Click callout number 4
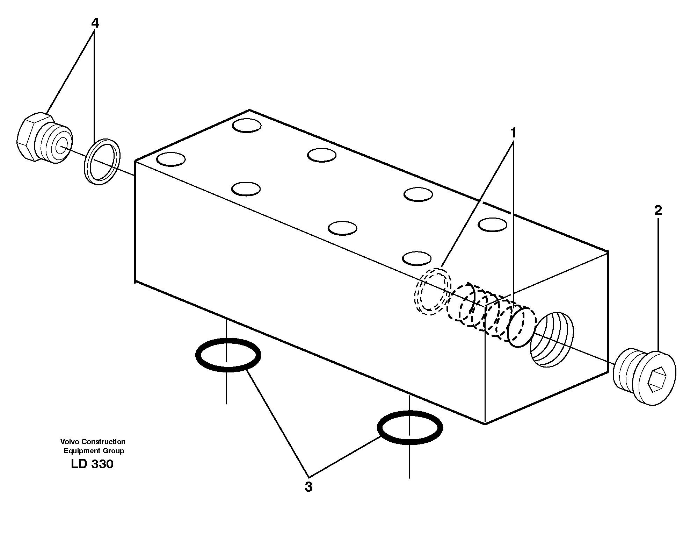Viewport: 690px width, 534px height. pos(95,23)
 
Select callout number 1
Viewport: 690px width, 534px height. pos(513,133)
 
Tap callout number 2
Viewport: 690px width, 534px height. pos(658,211)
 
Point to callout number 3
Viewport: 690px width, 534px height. pos(308,487)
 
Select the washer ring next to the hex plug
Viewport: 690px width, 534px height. pos(102,162)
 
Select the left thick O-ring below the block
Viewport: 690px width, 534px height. pos(228,355)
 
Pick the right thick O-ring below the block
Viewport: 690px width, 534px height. pos(409,428)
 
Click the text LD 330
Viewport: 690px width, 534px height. pos(92,464)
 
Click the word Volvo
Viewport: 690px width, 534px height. pos(68,442)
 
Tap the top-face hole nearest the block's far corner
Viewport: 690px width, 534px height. pos(247,126)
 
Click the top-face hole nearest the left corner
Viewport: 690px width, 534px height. pos(171,159)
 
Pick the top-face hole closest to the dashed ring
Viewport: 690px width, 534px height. pos(416,258)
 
